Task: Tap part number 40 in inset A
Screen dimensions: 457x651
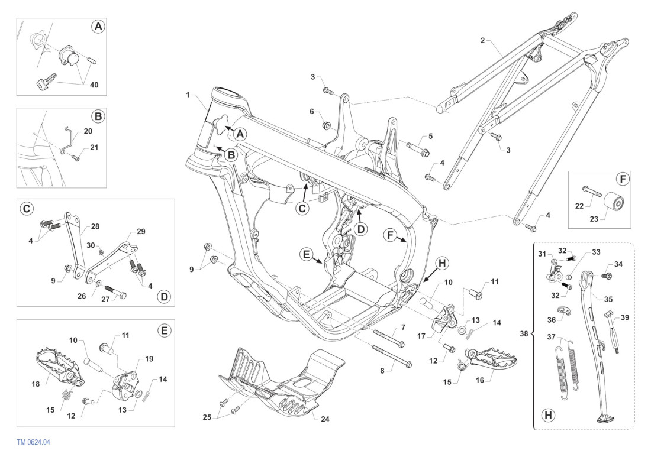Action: (94, 85)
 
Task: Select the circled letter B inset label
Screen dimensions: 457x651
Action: (99, 116)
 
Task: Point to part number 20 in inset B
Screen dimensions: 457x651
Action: (88, 131)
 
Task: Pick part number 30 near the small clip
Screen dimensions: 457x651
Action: (91, 245)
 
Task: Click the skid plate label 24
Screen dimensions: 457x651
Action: (325, 419)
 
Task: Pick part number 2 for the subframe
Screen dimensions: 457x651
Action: (482, 40)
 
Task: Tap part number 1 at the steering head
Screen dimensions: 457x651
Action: (188, 95)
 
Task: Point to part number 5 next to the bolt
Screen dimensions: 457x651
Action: (430, 136)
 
